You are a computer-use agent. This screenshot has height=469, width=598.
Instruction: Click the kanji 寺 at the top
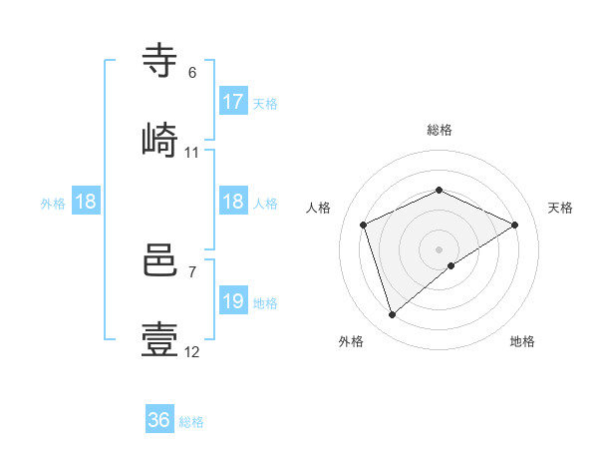pyautogui.click(x=161, y=62)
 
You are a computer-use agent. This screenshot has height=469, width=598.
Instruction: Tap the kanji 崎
pyautogui.click(x=161, y=140)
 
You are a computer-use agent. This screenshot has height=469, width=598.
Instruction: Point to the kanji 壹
pyautogui.click(x=161, y=339)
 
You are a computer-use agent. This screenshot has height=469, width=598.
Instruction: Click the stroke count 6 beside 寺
pyautogui.click(x=192, y=73)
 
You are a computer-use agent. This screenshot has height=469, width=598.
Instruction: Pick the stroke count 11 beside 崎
pyautogui.click(x=192, y=153)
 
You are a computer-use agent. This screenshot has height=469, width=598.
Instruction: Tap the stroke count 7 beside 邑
pyautogui.click(x=192, y=271)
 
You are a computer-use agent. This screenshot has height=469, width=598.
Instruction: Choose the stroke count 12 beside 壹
pyautogui.click(x=192, y=352)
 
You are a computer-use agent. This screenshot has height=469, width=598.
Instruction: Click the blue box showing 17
pyautogui.click(x=233, y=102)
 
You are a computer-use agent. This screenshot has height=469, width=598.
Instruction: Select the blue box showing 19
pyautogui.click(x=233, y=301)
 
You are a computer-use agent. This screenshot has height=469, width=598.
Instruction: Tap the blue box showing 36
pyautogui.click(x=159, y=420)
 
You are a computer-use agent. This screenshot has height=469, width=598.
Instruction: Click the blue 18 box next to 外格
pyautogui.click(x=86, y=202)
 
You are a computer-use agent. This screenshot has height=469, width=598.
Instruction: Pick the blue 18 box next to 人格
pyautogui.click(x=233, y=202)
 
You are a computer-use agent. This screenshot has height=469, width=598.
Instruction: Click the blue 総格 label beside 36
pyautogui.click(x=191, y=422)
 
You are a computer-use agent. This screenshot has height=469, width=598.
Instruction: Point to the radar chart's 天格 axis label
pyautogui.click(x=561, y=208)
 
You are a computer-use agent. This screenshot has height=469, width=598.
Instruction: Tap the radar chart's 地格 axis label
pyautogui.click(x=522, y=342)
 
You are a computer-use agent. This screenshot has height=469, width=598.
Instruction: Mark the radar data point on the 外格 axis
pyautogui.click(x=392, y=315)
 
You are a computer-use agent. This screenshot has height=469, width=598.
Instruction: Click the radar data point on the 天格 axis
pyautogui.click(x=515, y=225)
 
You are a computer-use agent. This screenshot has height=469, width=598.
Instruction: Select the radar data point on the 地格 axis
pyautogui.click(x=451, y=265)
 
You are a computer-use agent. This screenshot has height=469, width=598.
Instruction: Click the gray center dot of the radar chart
pyautogui.click(x=439, y=248)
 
